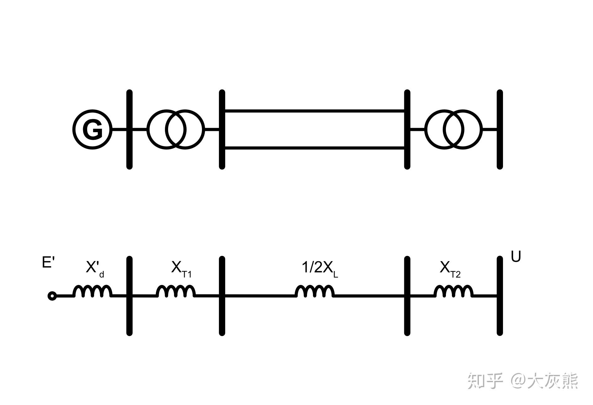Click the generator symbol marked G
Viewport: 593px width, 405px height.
pyautogui.click(x=92, y=129)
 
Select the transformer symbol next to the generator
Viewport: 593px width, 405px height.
pyautogui.click(x=176, y=129)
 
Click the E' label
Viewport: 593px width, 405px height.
pyautogui.click(x=48, y=262)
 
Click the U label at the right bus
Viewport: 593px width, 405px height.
pyautogui.click(x=516, y=257)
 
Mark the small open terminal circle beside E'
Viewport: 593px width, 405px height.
pyautogui.click(x=52, y=296)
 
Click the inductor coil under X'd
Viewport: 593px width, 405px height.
pyautogui.click(x=93, y=291)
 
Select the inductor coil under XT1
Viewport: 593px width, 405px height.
pyautogui.click(x=176, y=291)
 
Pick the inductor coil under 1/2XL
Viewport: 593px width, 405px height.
pyautogui.click(x=315, y=291)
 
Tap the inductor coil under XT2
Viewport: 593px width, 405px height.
pyautogui.click(x=453, y=291)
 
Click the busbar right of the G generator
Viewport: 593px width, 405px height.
pyautogui.click(x=129, y=129)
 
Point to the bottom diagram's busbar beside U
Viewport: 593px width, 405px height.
pyautogui.click(x=500, y=296)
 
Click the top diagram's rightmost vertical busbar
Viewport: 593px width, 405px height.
pyautogui.click(x=500, y=129)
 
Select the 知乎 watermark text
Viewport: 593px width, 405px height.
pyautogui.click(x=485, y=381)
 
